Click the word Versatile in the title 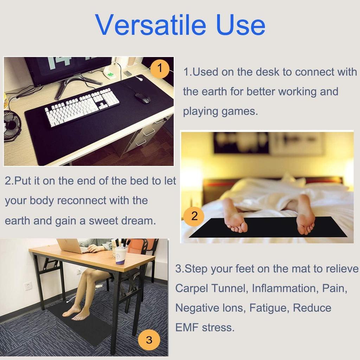[151, 25]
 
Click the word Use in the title [241, 25]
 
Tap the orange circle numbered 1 [160, 68]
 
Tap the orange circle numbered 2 [194, 216]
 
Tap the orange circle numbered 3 [149, 340]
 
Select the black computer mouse [142, 98]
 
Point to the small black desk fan [12, 125]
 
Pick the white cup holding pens [121, 255]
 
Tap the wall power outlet [28, 286]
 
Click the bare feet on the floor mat [77, 312]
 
